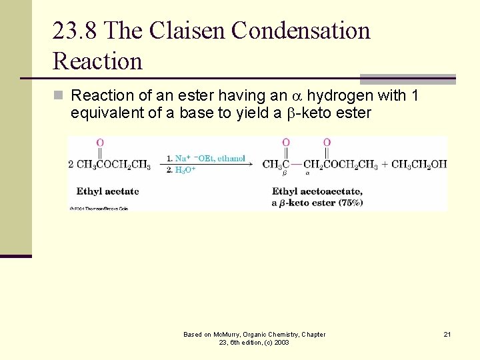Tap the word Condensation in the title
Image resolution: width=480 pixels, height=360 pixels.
click(300, 31)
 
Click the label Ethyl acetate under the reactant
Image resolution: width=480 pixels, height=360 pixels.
click(107, 191)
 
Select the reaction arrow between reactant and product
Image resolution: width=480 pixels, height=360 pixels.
click(207, 165)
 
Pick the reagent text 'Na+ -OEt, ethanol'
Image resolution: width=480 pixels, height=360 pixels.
click(209, 158)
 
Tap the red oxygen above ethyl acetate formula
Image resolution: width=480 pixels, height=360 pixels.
click(100, 143)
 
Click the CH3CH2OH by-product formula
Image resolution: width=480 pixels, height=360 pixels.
click(419, 165)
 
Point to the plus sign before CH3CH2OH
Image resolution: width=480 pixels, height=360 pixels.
click(385, 165)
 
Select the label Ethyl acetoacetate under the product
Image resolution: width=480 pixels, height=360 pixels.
click(317, 191)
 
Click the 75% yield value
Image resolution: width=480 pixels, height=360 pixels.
click(350, 203)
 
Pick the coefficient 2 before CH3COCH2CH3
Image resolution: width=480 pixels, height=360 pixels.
click(71, 165)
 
